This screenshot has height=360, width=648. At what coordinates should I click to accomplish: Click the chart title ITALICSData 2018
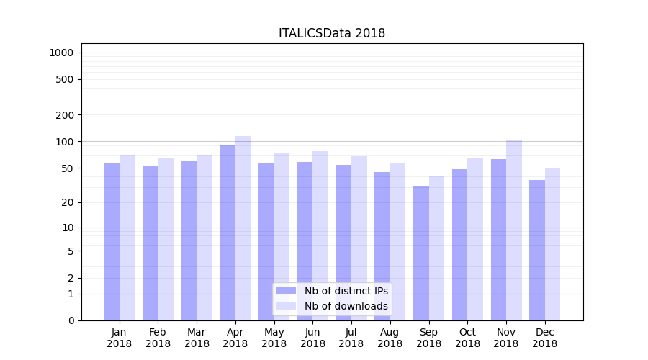click(x=332, y=34)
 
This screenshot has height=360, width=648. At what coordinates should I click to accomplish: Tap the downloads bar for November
click(x=514, y=230)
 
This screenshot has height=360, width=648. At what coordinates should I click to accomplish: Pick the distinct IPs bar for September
click(x=421, y=253)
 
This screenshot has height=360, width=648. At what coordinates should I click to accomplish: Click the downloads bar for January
click(x=127, y=238)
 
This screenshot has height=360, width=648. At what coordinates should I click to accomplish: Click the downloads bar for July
click(x=359, y=238)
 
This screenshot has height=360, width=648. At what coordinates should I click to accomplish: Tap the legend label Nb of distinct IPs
click(x=346, y=291)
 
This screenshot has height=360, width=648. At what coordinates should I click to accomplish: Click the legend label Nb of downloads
click(x=346, y=306)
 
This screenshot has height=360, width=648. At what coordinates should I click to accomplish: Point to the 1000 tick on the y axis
click(x=61, y=53)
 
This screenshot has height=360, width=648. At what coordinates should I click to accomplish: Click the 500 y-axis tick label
click(x=65, y=79)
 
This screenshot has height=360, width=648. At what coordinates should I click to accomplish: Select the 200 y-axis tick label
click(x=65, y=115)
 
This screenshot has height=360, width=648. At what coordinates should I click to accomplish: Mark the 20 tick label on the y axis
click(x=67, y=202)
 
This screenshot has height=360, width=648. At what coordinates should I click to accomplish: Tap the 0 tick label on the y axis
click(x=71, y=320)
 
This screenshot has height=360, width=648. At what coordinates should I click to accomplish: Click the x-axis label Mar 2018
click(x=197, y=338)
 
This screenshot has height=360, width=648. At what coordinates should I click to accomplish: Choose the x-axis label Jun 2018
click(x=312, y=338)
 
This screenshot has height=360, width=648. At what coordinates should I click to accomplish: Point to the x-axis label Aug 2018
click(x=390, y=338)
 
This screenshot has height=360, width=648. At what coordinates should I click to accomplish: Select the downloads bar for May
click(x=282, y=237)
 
